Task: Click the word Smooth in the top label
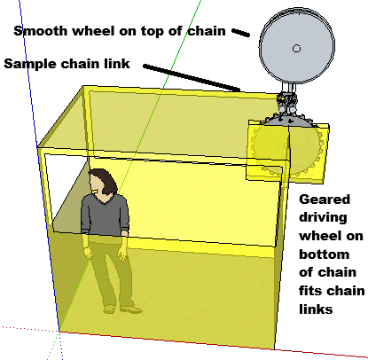[40, 30]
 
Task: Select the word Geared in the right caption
[325, 200]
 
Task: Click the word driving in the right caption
[323, 218]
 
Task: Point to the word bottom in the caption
[325, 254]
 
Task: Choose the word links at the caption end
[316, 309]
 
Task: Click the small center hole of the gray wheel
[296, 48]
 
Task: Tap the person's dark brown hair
[104, 179]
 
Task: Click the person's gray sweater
[105, 215]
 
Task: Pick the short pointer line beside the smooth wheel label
[240, 33]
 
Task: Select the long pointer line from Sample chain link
[192, 78]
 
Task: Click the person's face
[96, 184]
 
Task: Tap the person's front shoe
[131, 309]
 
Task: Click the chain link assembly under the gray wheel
[286, 104]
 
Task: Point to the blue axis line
[39, 166]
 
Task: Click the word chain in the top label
[207, 30]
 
